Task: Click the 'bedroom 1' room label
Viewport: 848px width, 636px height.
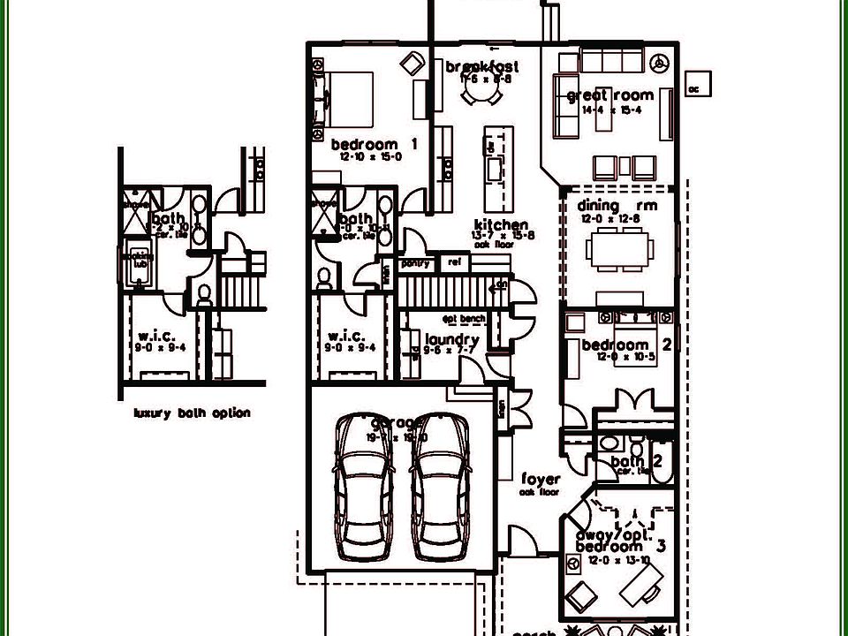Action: [x=375, y=144]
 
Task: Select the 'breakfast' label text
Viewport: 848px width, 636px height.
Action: [x=481, y=66]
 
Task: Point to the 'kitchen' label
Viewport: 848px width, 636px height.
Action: [x=501, y=225]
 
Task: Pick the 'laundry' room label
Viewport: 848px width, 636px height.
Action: [x=451, y=339]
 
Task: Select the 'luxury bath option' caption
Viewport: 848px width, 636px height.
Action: [x=192, y=413]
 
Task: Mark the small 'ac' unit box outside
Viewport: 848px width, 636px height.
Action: [x=694, y=87]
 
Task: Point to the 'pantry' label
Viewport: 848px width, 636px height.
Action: [x=415, y=263]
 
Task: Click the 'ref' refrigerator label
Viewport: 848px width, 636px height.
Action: [x=455, y=263]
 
